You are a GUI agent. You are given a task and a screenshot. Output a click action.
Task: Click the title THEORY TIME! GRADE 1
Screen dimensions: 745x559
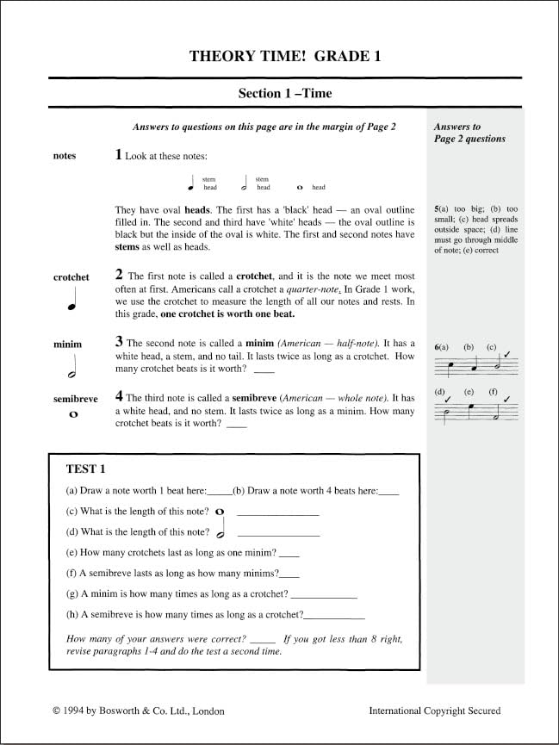click(285, 57)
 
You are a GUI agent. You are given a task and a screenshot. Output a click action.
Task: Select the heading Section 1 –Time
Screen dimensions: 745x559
click(285, 93)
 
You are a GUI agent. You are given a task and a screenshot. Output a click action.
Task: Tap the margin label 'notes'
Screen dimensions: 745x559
click(65, 156)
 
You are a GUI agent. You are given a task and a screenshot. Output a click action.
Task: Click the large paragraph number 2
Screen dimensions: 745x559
click(119, 275)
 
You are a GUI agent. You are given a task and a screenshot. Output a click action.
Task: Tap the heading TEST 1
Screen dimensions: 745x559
click(85, 469)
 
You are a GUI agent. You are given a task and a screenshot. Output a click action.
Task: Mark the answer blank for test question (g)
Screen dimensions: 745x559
click(324, 594)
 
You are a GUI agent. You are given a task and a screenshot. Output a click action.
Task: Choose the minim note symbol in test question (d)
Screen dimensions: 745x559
click(222, 531)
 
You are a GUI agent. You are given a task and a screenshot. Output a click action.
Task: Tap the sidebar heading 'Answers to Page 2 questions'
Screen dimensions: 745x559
click(469, 133)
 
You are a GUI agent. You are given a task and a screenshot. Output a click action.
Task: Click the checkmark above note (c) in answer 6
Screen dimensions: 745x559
click(507, 355)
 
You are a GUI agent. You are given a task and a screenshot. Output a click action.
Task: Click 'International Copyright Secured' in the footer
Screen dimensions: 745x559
click(434, 711)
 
